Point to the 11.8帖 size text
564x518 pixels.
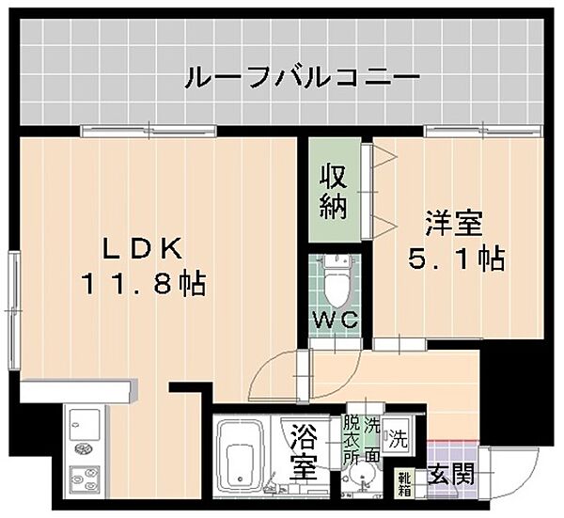click(154, 281)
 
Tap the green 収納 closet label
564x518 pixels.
click(334, 190)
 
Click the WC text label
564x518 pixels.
click(336, 319)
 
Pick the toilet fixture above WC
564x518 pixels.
click(335, 273)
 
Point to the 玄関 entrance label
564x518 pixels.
click(450, 477)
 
